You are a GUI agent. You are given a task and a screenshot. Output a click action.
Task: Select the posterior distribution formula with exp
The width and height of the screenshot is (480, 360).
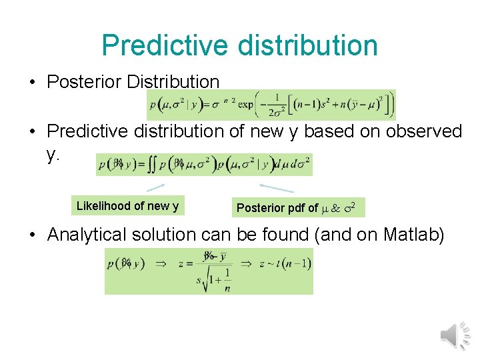[271, 105]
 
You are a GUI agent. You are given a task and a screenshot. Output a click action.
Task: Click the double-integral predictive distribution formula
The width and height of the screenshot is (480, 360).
[204, 164]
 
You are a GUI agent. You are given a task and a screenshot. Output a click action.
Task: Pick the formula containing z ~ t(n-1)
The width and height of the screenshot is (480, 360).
[209, 271]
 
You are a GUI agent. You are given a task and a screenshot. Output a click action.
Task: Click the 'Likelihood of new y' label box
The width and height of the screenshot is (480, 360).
[127, 206]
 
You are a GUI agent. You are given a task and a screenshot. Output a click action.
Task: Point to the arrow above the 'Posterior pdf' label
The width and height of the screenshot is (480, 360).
[277, 189]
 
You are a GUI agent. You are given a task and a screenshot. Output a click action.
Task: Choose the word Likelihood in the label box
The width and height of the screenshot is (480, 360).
[103, 206]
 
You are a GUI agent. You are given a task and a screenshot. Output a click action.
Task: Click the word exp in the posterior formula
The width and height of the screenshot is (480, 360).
[245, 105]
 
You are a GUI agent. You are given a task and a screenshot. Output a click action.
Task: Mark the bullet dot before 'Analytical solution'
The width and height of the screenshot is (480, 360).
[33, 235]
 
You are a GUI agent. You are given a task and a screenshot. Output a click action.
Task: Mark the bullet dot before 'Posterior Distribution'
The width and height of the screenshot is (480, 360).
[33, 83]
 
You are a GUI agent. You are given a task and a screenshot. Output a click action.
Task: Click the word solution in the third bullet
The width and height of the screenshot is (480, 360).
[169, 235]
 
